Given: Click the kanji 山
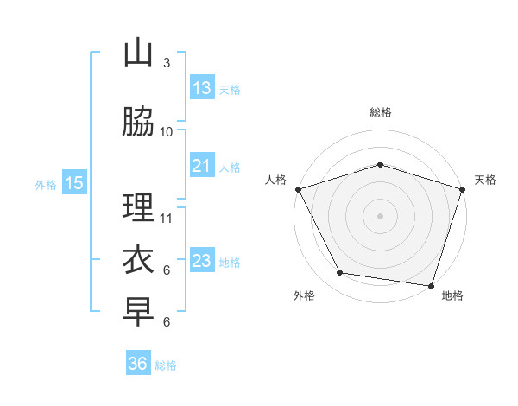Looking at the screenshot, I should (138, 54).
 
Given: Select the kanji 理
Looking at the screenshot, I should (138, 208).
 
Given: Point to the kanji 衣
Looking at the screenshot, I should (138, 259).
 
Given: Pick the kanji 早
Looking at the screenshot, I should (138, 312).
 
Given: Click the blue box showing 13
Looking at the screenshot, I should (202, 88).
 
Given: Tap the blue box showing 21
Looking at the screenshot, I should (202, 166).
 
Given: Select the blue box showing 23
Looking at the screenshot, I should (202, 261).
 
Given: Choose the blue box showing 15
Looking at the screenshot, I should (74, 183).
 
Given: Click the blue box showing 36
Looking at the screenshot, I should (138, 364).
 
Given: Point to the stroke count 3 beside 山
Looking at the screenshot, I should (167, 63).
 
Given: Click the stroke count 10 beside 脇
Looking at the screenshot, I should (167, 131).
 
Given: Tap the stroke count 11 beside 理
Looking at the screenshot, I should (167, 218).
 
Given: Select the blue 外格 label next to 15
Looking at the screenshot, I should (46, 184).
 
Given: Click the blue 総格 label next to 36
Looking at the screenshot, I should (166, 365).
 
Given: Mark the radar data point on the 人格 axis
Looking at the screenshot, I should (298, 189).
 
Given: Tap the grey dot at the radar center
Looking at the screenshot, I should (380, 215).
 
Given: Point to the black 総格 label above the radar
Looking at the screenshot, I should (380, 112).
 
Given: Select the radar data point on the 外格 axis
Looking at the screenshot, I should (339, 273).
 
